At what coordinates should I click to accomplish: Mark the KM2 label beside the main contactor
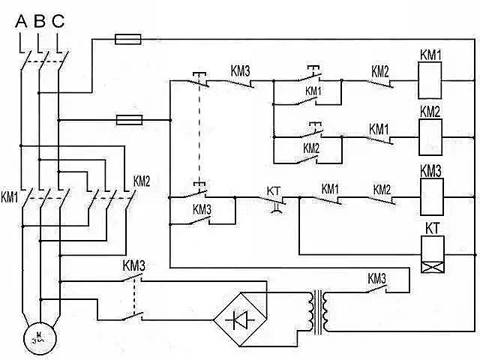tap(142, 181)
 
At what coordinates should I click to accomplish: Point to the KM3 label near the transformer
tap(376, 278)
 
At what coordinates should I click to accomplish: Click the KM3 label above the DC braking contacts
tap(133, 265)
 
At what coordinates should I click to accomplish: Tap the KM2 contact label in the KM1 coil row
tap(379, 71)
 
